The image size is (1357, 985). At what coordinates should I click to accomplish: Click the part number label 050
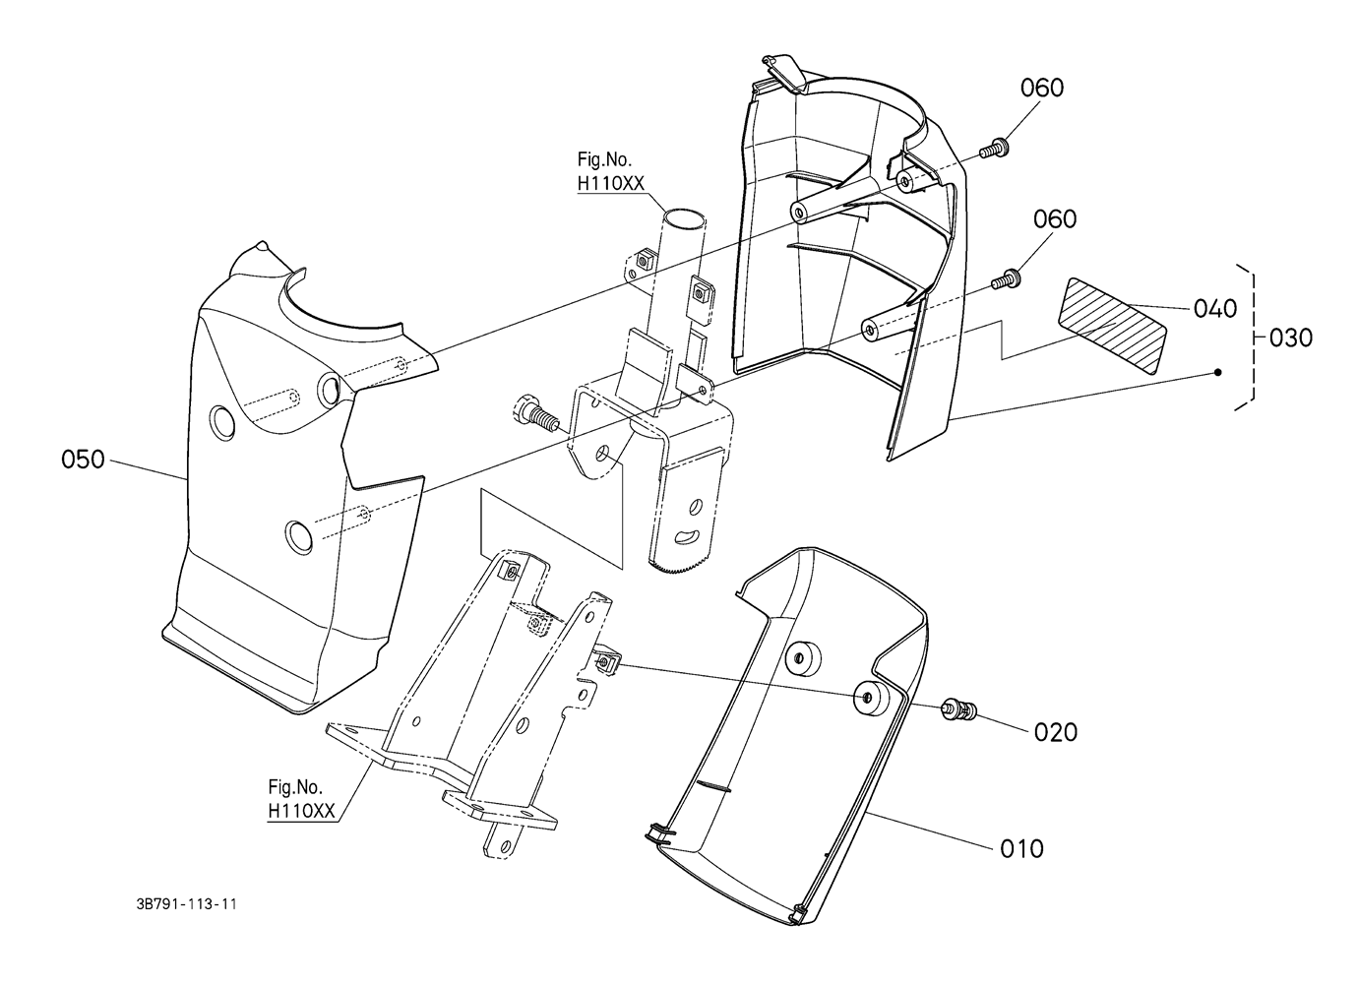coord(83,460)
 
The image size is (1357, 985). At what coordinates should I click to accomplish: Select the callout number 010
coord(1021,847)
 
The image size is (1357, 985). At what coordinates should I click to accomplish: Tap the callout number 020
coord(1055,732)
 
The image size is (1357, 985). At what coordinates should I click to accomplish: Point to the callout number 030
coord(1291,338)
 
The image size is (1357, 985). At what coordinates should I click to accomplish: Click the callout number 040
coord(1214,308)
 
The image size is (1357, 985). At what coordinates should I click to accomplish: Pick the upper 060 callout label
coord(1041,88)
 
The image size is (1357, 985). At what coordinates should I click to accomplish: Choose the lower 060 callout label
coord(1054,218)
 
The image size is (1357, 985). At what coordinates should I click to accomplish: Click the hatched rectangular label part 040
coord(1112,326)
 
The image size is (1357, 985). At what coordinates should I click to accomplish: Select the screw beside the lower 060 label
coord(1003,279)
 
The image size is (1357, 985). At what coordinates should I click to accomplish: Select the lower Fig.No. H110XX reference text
coord(302,799)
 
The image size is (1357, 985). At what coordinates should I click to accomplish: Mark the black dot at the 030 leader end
coord(1218,372)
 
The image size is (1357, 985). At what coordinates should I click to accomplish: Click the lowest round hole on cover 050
coord(296,534)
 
